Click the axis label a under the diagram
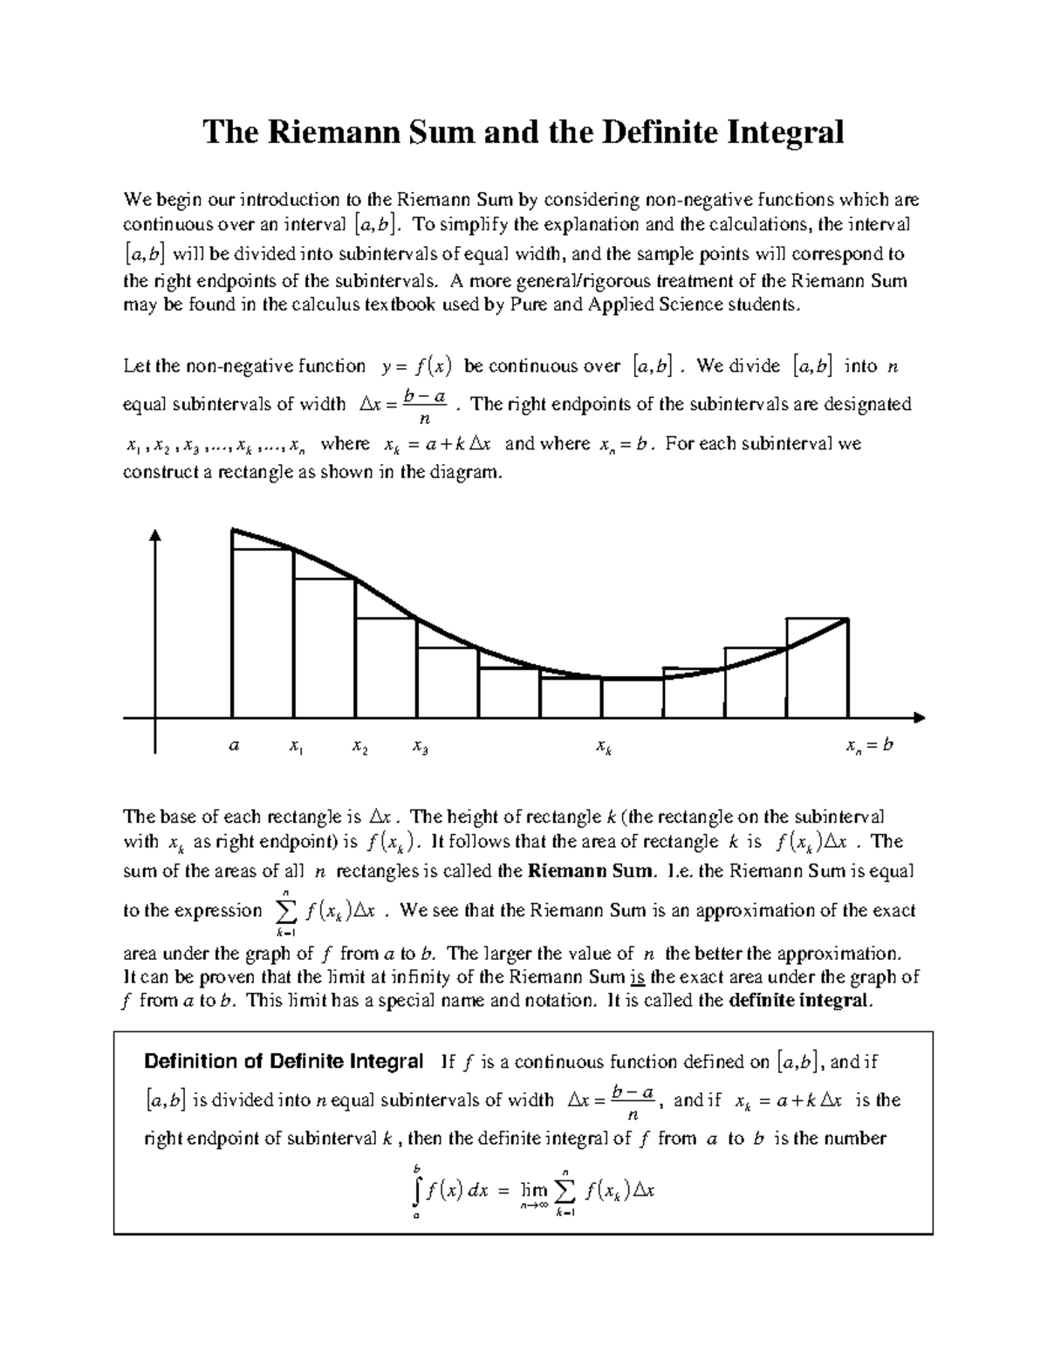(x=233, y=746)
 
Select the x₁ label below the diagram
(x=296, y=748)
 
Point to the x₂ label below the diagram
(x=359, y=748)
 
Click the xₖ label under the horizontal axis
(x=603, y=748)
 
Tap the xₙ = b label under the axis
(x=869, y=746)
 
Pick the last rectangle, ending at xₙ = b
(x=818, y=667)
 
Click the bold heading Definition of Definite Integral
(x=284, y=1062)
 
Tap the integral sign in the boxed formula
(x=419, y=1190)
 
